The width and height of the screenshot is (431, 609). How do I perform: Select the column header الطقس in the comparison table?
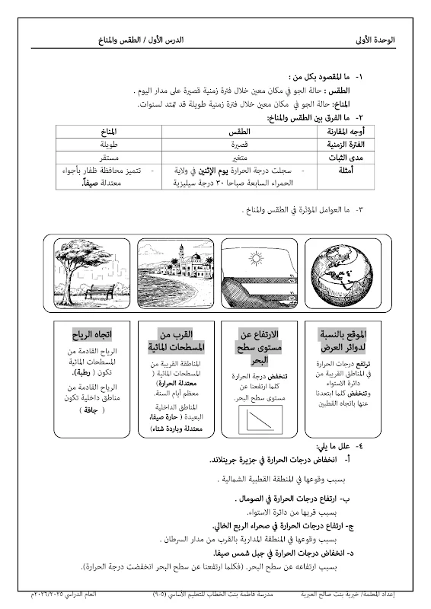[x=240, y=131]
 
